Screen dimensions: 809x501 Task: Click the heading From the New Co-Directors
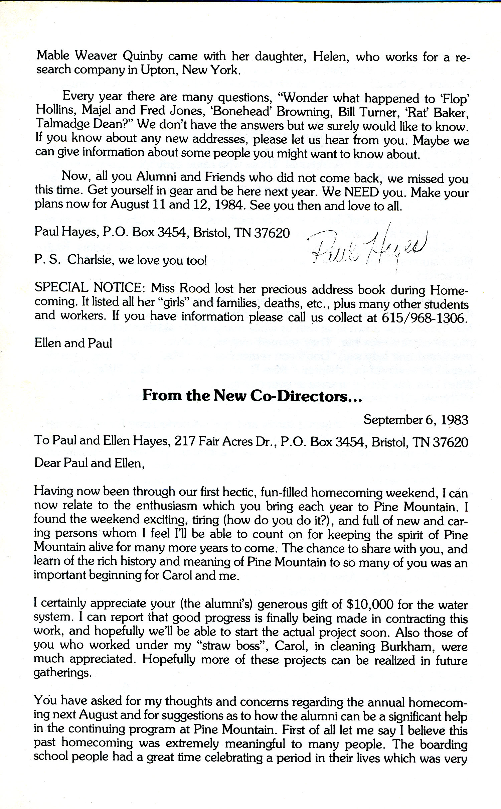(252, 396)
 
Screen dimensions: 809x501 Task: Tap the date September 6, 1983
(416, 420)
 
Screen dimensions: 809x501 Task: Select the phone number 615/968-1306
(423, 318)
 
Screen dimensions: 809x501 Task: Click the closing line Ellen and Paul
(73, 343)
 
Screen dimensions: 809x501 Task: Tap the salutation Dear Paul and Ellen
(89, 463)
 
